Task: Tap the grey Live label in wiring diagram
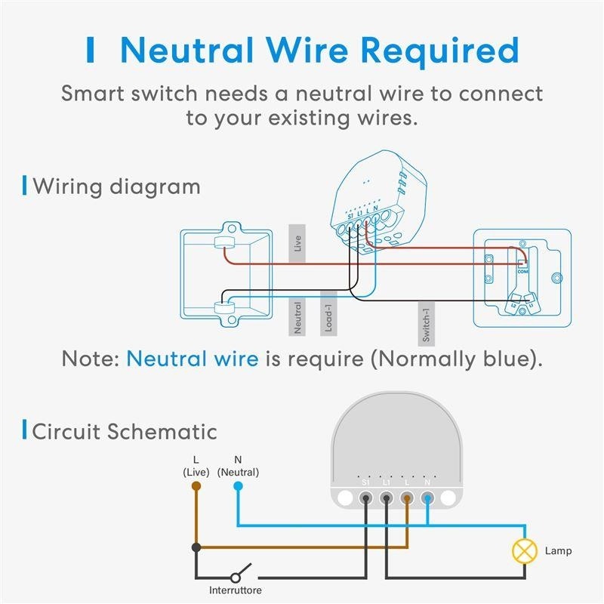pos(297,243)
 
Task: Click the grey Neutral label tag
pos(297,317)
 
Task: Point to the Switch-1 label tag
pos(426,322)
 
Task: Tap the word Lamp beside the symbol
pos(558,551)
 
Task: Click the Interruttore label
pos(236,590)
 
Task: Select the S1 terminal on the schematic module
pos(366,498)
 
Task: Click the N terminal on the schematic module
pos(427,498)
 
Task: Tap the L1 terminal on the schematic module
pos(387,498)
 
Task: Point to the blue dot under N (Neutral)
pos(238,487)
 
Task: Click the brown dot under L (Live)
pos(196,487)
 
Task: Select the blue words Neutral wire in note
pos(193,358)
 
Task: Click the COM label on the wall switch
pos(522,271)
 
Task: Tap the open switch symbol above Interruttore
pos(242,571)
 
